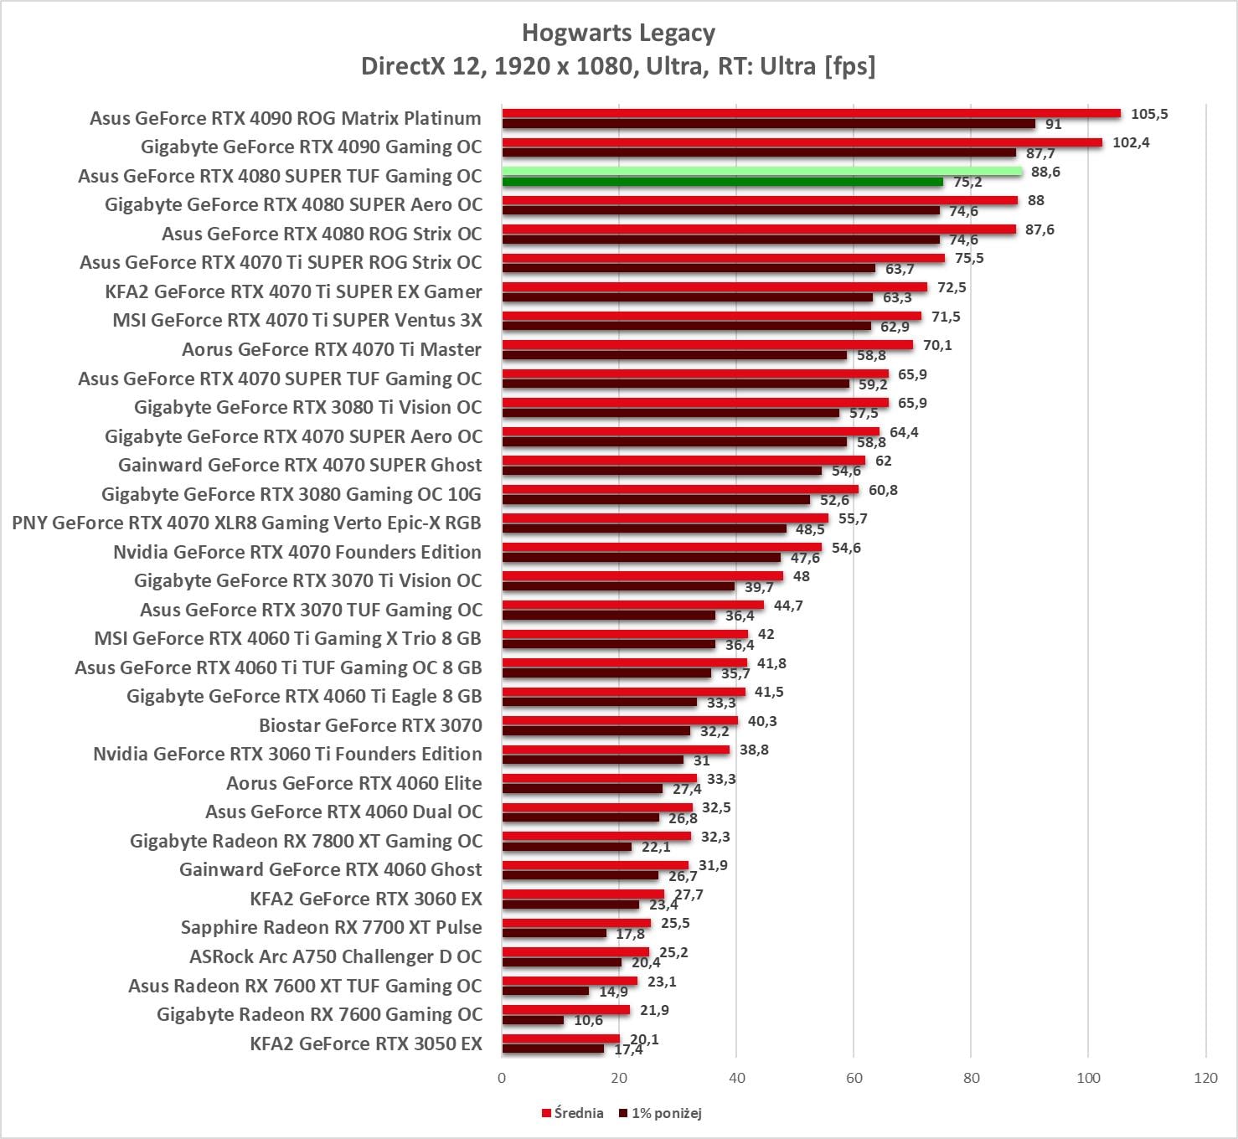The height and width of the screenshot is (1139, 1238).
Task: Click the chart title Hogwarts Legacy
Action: [x=618, y=33]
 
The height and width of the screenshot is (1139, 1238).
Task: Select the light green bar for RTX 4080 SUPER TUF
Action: [x=762, y=172]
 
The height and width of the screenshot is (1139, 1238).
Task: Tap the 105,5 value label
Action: [x=1149, y=114]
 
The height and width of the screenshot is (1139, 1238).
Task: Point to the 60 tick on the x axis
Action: [x=854, y=1078]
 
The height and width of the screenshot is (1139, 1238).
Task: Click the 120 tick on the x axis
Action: [x=1205, y=1078]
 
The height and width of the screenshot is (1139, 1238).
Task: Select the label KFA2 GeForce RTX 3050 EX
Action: [x=366, y=1044]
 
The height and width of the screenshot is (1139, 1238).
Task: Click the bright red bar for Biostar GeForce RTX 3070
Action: [x=620, y=720]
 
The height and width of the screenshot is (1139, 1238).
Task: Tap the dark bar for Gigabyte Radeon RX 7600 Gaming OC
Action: [x=533, y=1020]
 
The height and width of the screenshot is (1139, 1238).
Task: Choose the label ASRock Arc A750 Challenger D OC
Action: [x=335, y=956]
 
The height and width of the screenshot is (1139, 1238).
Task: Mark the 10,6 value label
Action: [x=588, y=1020]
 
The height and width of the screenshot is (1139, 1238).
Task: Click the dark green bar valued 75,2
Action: [x=722, y=182]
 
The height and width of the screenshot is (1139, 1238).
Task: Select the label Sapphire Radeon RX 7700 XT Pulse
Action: [x=331, y=928]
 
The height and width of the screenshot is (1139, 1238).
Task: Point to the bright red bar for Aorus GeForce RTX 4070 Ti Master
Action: [x=707, y=345]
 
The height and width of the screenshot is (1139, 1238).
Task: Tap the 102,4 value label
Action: [x=1131, y=142]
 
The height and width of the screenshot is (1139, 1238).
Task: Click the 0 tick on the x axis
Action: [x=502, y=1078]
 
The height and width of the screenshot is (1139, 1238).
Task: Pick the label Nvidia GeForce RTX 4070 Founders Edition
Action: [x=297, y=552]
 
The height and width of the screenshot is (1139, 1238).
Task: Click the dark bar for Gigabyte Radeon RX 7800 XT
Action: [x=566, y=847]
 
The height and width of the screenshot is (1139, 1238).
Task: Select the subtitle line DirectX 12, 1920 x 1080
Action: [x=618, y=66]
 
